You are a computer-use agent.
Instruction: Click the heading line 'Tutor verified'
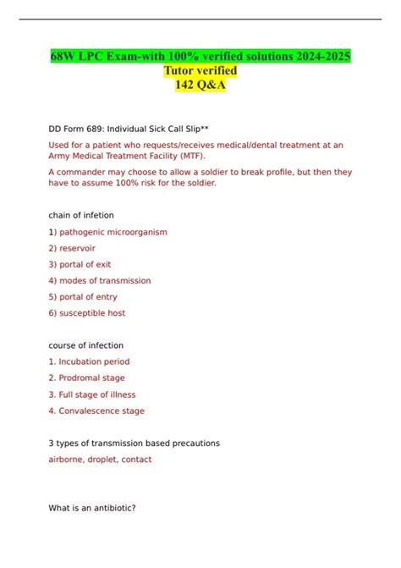[x=200, y=70]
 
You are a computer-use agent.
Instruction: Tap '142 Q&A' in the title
[x=200, y=85]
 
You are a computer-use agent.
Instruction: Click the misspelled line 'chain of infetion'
[x=81, y=215]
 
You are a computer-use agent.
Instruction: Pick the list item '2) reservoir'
[x=72, y=248]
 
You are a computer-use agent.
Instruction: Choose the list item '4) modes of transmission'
[x=100, y=280]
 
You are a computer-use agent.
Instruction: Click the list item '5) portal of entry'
[x=83, y=297]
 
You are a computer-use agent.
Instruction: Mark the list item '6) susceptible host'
[x=86, y=313]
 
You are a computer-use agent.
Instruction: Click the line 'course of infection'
[x=86, y=345]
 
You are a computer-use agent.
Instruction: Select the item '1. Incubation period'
[x=89, y=361]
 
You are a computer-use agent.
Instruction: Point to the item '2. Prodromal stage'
[x=86, y=378]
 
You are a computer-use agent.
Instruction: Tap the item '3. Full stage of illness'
[x=92, y=394]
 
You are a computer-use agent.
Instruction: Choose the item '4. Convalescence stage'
[x=96, y=411]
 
